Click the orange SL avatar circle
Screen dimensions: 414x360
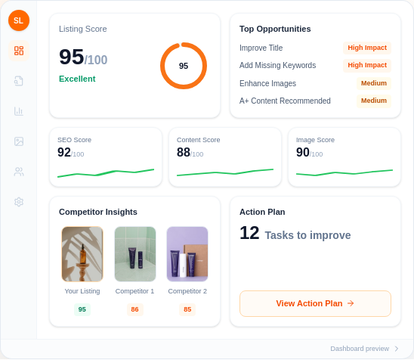(x=19, y=20)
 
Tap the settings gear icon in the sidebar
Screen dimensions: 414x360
(x=19, y=202)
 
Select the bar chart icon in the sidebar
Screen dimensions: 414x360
(x=19, y=111)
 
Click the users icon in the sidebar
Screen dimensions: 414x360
(x=19, y=172)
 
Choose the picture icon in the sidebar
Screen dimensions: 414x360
(x=19, y=141)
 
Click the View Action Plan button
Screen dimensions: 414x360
(x=315, y=303)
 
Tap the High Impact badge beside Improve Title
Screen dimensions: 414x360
(x=367, y=48)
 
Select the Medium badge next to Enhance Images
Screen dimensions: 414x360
(x=374, y=83)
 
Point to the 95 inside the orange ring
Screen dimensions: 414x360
(x=184, y=66)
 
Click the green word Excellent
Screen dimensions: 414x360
(x=77, y=79)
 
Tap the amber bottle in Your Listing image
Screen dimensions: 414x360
(x=83, y=254)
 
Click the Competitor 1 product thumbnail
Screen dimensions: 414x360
(x=135, y=254)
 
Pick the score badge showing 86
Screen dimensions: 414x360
(x=135, y=309)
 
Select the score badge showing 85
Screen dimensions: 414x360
(x=187, y=309)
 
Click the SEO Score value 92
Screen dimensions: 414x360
(x=64, y=153)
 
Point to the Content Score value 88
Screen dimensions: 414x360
(x=184, y=153)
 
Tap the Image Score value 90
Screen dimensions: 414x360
(x=303, y=153)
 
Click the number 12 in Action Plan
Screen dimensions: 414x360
(x=249, y=233)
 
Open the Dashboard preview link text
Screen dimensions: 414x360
(x=360, y=349)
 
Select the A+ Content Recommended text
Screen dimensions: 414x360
(x=285, y=101)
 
